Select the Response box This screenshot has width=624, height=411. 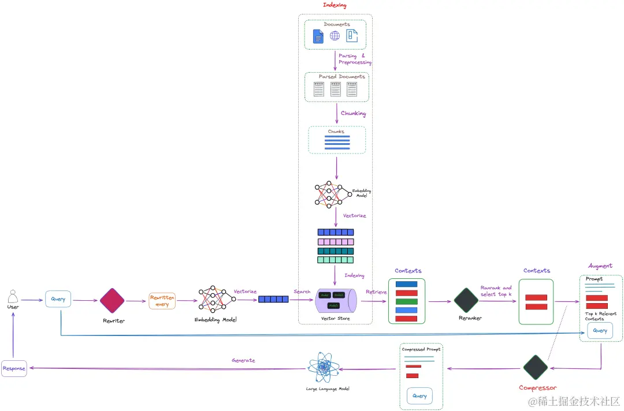tap(14, 368)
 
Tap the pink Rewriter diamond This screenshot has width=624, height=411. tap(112, 300)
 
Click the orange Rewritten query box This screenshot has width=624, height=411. tap(162, 301)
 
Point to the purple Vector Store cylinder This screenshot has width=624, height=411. tap(337, 301)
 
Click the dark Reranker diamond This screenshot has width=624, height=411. tap(466, 300)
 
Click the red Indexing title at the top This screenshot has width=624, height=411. tap(335, 5)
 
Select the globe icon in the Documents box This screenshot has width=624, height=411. tap(335, 36)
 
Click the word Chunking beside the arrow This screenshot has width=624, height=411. tap(353, 114)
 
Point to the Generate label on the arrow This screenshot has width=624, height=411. tap(243, 361)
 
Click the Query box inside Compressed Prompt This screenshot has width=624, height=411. tap(420, 396)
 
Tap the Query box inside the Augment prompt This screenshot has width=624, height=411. tap(600, 331)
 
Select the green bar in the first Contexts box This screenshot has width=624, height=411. tap(407, 301)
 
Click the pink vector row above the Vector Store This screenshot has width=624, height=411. tap(335, 242)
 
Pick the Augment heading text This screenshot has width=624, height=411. tap(600, 266)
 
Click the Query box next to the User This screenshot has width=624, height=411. tap(58, 299)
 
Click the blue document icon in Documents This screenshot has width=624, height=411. tap(318, 36)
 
